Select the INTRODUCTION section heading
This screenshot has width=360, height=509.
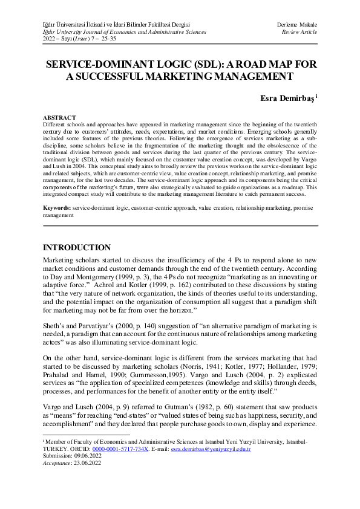(x=77, y=248)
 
